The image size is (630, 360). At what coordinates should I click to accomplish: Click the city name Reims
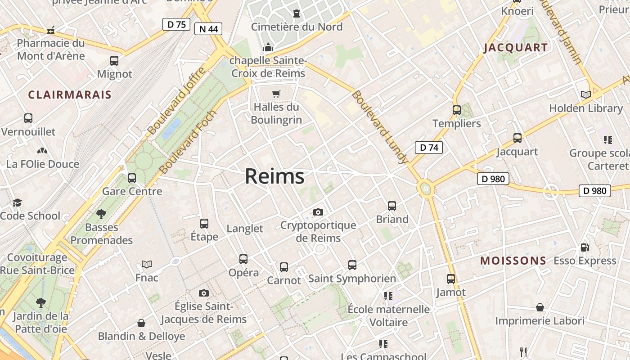point(274,176)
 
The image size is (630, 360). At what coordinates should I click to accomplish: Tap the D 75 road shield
point(176,24)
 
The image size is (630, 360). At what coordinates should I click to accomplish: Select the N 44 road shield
point(208,29)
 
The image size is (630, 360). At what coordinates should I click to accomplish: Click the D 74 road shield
point(428,147)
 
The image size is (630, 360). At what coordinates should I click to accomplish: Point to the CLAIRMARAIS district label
point(70,94)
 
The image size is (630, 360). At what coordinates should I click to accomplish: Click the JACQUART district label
point(516,48)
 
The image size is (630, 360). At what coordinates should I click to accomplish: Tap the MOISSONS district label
point(513,261)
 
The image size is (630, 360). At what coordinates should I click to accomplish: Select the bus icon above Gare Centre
point(132,178)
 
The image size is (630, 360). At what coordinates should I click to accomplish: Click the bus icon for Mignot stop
point(114,61)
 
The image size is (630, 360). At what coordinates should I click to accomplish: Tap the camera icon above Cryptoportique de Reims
point(318,212)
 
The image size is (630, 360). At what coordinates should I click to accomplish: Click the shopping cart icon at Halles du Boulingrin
point(276,94)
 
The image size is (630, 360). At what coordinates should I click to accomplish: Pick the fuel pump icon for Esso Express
point(585,247)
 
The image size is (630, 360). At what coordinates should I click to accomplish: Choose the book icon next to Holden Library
point(585,94)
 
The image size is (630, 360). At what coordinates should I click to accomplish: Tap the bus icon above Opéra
point(243,259)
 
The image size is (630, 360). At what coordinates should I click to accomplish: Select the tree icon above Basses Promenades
point(101,214)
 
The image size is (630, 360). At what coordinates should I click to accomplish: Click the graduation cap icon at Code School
point(17,202)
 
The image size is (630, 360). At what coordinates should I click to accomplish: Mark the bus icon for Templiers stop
point(457,110)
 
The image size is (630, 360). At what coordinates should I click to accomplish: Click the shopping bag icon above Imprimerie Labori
point(540,307)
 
